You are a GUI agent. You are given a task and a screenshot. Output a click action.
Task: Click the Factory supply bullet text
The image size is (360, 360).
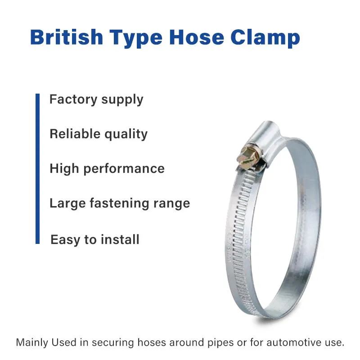point(96,99)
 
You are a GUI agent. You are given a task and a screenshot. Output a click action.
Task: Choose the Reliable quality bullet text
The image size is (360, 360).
point(99,134)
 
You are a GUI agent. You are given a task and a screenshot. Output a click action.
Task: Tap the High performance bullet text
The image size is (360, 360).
point(107,169)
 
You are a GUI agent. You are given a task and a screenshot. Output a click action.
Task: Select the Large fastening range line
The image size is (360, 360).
point(120,203)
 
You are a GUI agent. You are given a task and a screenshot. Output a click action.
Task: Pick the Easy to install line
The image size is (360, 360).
point(95,239)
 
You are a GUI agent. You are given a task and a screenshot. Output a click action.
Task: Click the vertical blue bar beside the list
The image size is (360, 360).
point(38,169)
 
